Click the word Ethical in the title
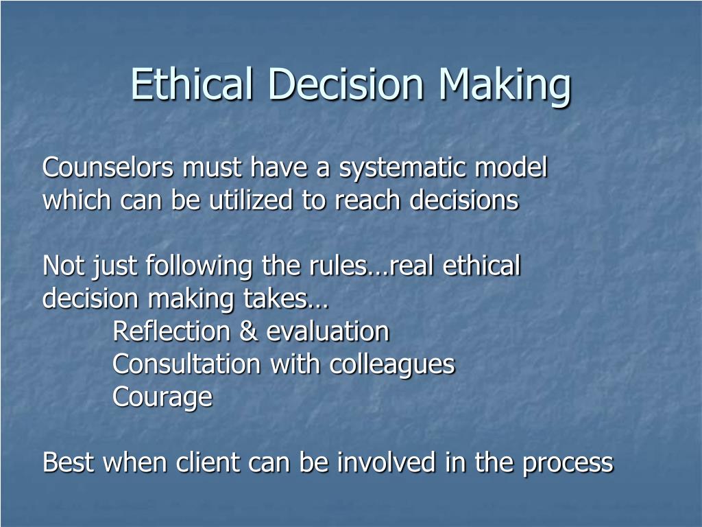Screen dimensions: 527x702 [x=193, y=84]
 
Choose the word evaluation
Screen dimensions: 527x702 [x=328, y=332]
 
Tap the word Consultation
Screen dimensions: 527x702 [x=186, y=364]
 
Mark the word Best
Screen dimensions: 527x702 [x=69, y=463]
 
